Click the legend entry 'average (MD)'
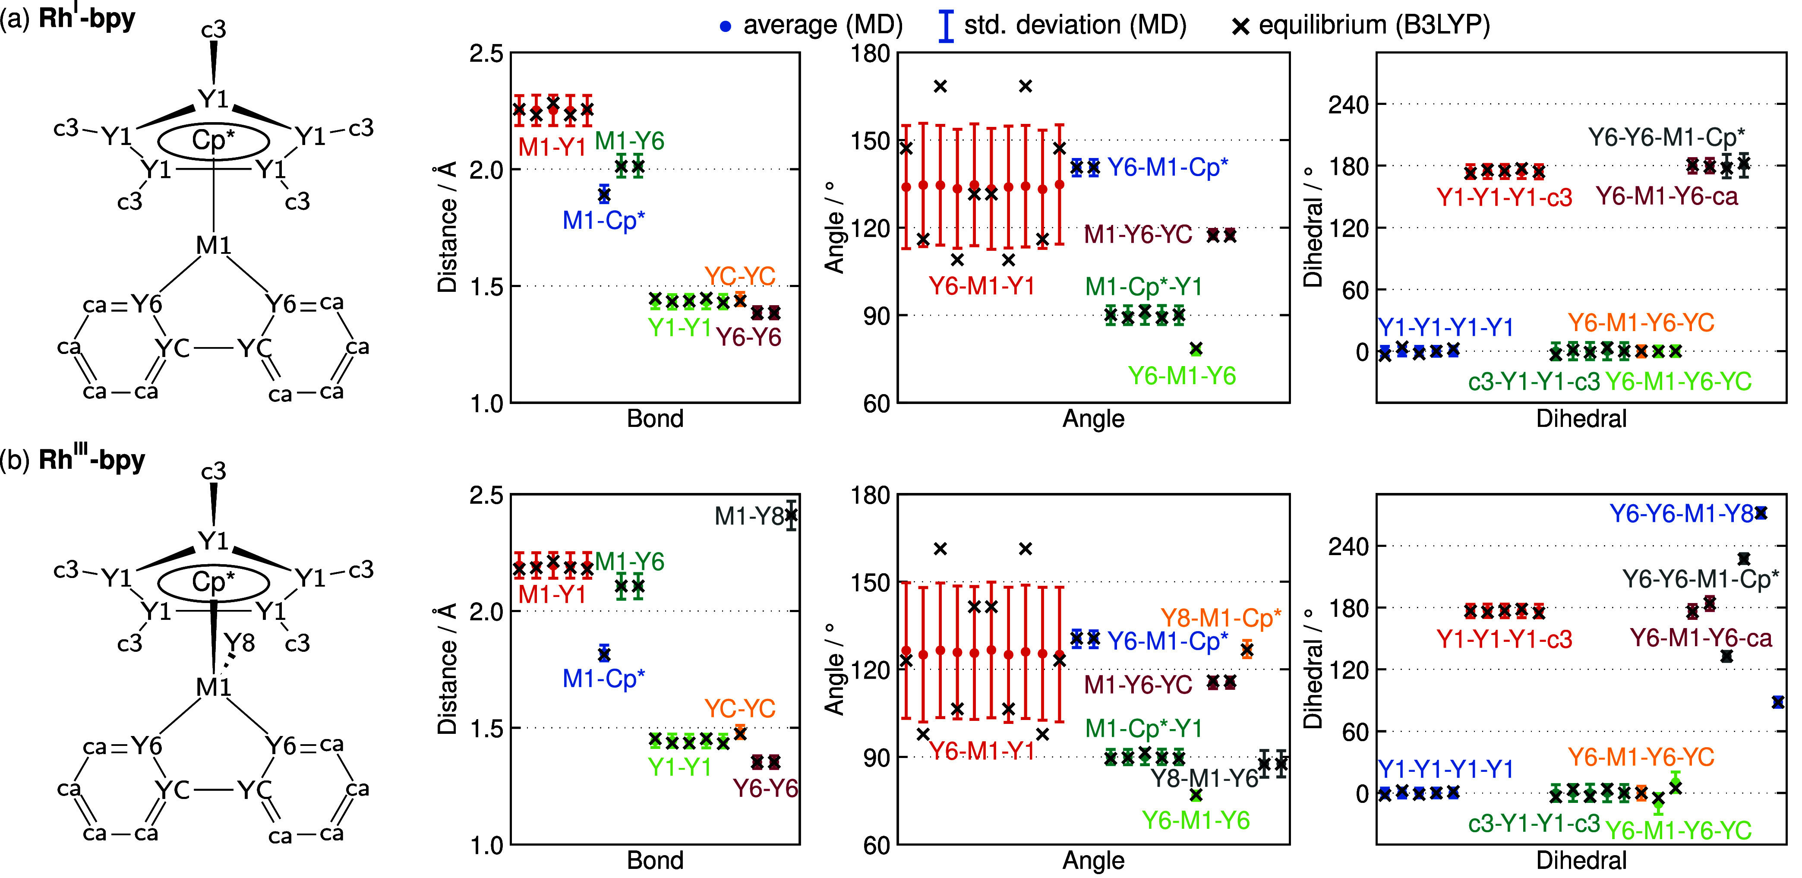pos(811,25)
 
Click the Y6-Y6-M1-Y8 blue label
pos(1682,514)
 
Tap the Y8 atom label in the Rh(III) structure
pos(239,643)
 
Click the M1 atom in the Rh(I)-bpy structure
pos(213,246)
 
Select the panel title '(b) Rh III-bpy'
pos(73,459)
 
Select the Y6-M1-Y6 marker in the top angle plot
pos(1196,348)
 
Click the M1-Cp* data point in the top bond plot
pos(604,195)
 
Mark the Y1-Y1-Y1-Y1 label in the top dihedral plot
pos(1445,327)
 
